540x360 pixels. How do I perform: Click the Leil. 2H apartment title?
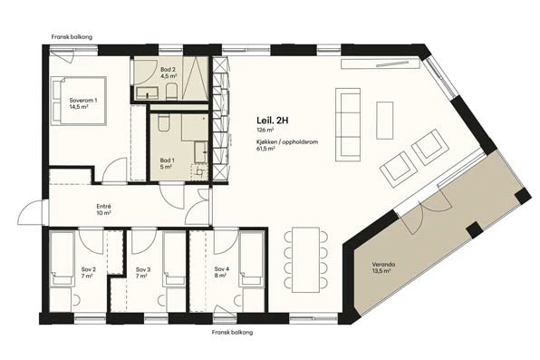[272, 121]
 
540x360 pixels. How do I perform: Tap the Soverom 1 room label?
[83, 101]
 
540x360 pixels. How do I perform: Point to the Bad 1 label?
[167, 161]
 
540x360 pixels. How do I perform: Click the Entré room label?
[103, 207]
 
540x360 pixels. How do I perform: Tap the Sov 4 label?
[221, 269]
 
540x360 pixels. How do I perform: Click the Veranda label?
[383, 265]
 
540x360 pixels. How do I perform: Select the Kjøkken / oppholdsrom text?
[287, 141]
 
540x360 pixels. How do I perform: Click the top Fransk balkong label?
[72, 37]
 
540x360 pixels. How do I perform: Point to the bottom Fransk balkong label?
[232, 333]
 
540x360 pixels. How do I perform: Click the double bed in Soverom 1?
[79, 101]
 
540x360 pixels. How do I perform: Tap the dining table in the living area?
[306, 259]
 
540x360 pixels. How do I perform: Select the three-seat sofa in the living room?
[348, 124]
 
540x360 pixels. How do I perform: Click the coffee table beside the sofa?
[385, 121]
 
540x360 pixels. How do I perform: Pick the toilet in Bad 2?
[171, 92]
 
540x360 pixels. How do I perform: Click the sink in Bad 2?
[147, 93]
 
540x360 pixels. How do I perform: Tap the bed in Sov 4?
[252, 258]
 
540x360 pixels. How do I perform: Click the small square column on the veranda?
[474, 230]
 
